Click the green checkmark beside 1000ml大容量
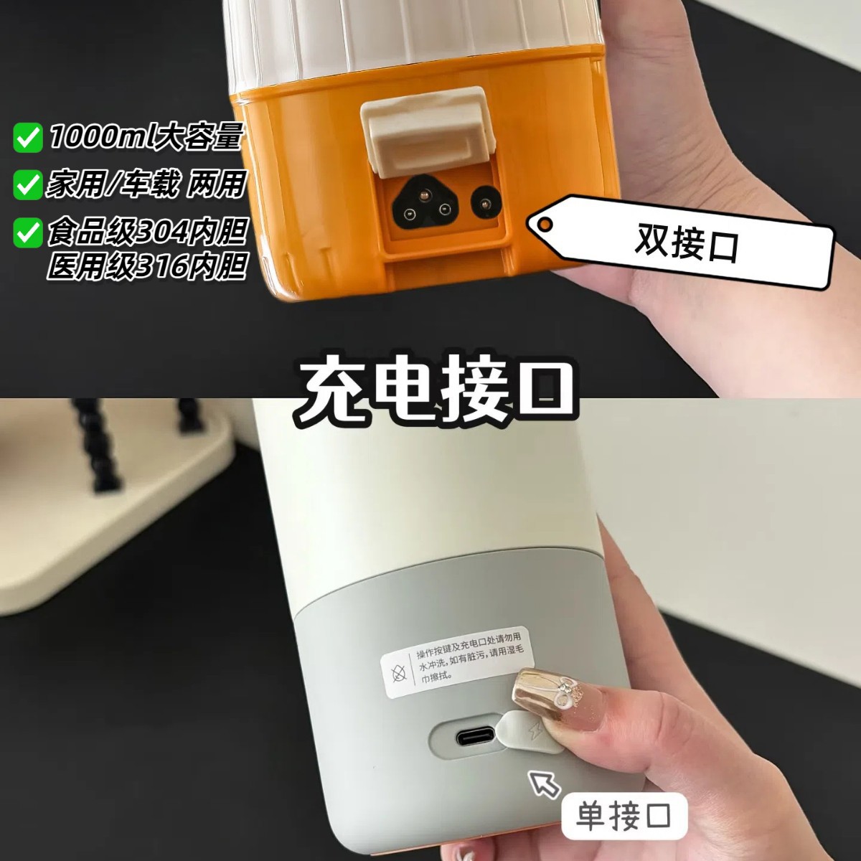point(28,138)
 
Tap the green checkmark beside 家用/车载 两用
point(28,184)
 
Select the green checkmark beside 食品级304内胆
point(28,232)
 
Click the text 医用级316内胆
point(147,266)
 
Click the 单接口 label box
point(624,815)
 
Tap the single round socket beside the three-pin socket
point(486,205)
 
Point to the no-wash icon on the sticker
point(398,674)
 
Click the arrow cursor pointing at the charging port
point(544,784)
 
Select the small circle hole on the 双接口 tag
point(545,223)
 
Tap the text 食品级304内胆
point(147,232)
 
